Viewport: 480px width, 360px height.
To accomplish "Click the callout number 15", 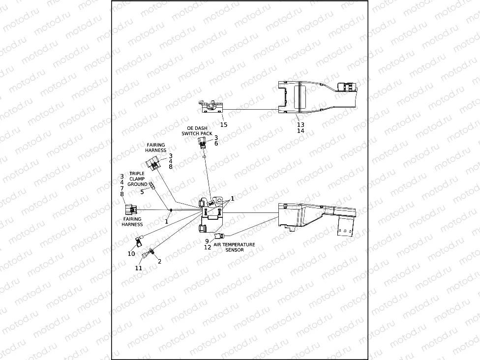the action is pos(224,125).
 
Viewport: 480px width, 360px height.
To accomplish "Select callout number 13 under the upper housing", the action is pos(300,125).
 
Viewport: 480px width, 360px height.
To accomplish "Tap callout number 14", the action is pos(300,131).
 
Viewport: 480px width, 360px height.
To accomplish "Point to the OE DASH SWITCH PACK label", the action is pos(196,131).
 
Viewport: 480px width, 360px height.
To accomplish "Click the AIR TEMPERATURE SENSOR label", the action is pos(234,247).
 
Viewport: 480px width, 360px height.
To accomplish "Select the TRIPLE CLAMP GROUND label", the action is pos(137,179).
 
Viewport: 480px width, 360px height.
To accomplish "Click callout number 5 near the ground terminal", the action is pos(142,192).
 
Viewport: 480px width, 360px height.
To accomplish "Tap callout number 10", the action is pos(131,254).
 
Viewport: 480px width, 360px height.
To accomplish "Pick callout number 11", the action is pos(139,268).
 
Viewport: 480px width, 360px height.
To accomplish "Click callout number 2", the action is pos(159,262).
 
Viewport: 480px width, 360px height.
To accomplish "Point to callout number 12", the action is pos(208,247).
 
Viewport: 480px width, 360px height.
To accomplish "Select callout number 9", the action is pos(208,241).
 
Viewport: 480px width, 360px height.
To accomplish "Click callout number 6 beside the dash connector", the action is pos(216,144).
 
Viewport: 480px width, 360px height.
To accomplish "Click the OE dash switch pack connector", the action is pos(202,143).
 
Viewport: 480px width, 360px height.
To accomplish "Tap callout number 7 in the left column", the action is pos(122,188).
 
